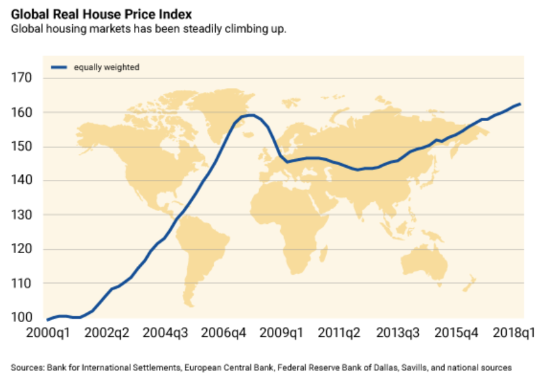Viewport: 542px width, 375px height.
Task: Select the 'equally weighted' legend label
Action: point(106,66)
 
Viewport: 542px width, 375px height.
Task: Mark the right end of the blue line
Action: point(520,104)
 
